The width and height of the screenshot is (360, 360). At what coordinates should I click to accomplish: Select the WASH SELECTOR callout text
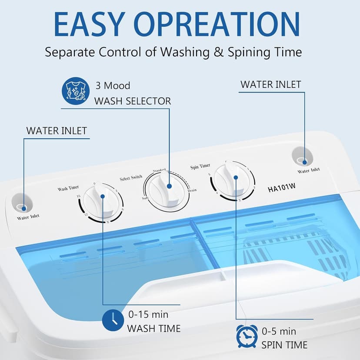(x=133, y=101)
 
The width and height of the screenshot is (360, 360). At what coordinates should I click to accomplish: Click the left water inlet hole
(x=20, y=205)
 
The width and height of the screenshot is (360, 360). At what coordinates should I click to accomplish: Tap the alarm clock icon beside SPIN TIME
(x=246, y=336)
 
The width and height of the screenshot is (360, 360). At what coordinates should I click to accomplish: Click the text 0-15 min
(x=148, y=314)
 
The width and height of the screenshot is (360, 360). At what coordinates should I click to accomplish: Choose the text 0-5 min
(x=279, y=331)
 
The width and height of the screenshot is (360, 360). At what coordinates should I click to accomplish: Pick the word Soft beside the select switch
(x=145, y=198)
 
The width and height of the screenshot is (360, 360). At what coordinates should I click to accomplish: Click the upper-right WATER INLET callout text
(x=270, y=84)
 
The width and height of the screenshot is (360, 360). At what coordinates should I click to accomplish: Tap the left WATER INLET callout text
(x=57, y=130)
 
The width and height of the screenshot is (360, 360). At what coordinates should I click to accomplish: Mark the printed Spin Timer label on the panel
(x=200, y=166)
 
